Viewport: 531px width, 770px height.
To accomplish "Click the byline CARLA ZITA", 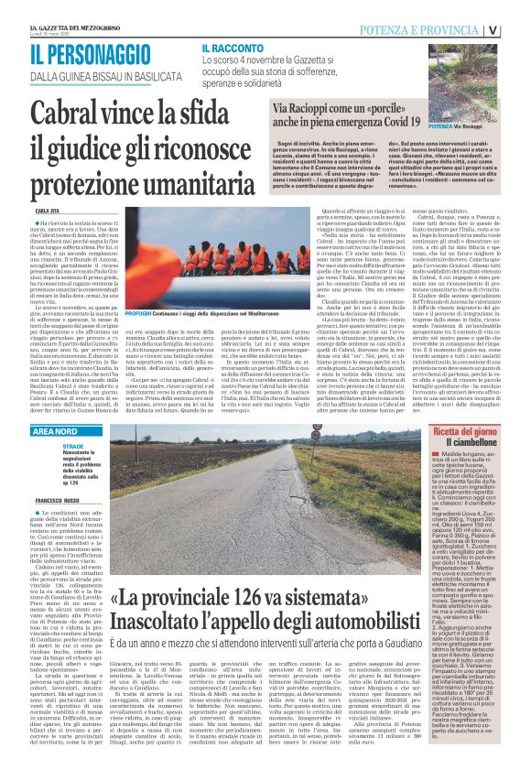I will coord(48,210).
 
